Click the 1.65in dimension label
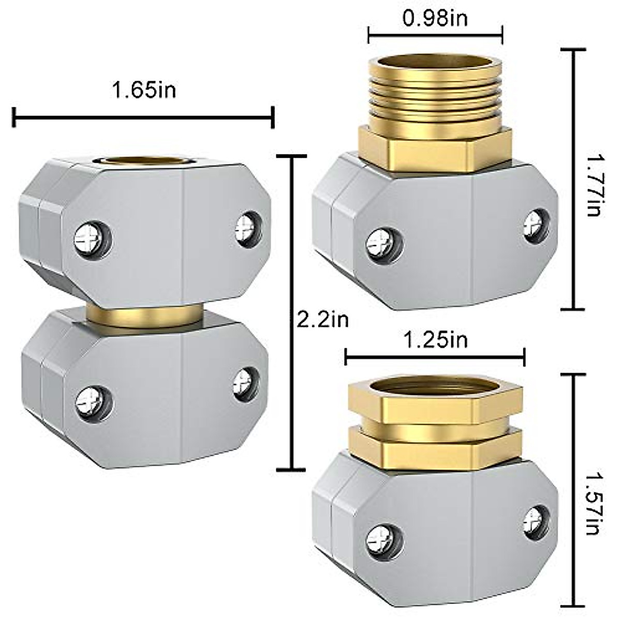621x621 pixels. (x=144, y=91)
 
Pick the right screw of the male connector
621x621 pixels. (x=535, y=223)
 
